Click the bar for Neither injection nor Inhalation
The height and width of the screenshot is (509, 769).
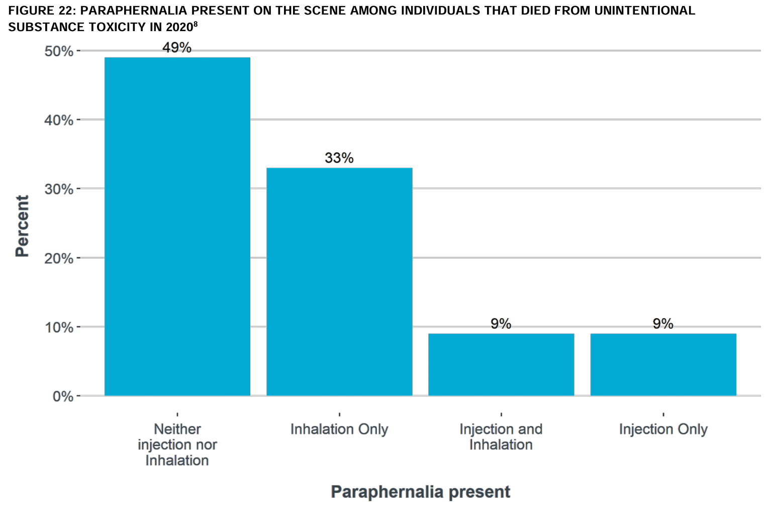click(177, 226)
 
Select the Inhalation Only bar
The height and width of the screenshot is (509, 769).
click(339, 281)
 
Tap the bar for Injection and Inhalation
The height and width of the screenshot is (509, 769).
click(501, 364)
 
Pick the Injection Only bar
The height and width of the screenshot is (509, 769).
click(663, 364)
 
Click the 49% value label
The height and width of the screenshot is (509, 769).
click(177, 48)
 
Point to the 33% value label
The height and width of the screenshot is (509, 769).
click(339, 158)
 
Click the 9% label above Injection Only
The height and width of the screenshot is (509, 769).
click(663, 324)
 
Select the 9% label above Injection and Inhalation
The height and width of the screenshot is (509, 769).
click(501, 324)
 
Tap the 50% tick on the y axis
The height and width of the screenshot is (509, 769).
click(59, 51)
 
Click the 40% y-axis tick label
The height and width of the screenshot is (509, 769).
click(59, 120)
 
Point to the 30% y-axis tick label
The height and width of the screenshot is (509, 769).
click(59, 189)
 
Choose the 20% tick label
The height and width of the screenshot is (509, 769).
click(59, 259)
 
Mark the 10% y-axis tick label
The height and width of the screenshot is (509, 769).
click(59, 328)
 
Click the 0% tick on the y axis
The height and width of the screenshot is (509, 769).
click(63, 397)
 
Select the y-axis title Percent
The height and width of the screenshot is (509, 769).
click(22, 226)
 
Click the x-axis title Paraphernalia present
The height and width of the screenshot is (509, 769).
click(420, 492)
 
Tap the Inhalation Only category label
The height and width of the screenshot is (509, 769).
click(339, 429)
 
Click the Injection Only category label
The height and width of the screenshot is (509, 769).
click(663, 429)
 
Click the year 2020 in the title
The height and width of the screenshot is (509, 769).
click(179, 27)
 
